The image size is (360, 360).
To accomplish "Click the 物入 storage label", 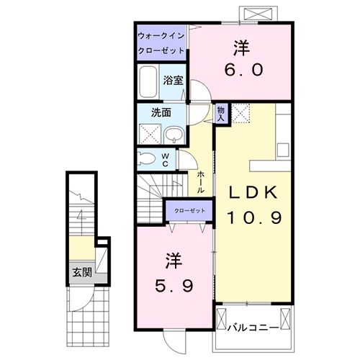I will pos(221,112).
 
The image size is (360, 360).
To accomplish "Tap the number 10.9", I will pos(254,216).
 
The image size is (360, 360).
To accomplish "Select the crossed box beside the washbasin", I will pos(150,134).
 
